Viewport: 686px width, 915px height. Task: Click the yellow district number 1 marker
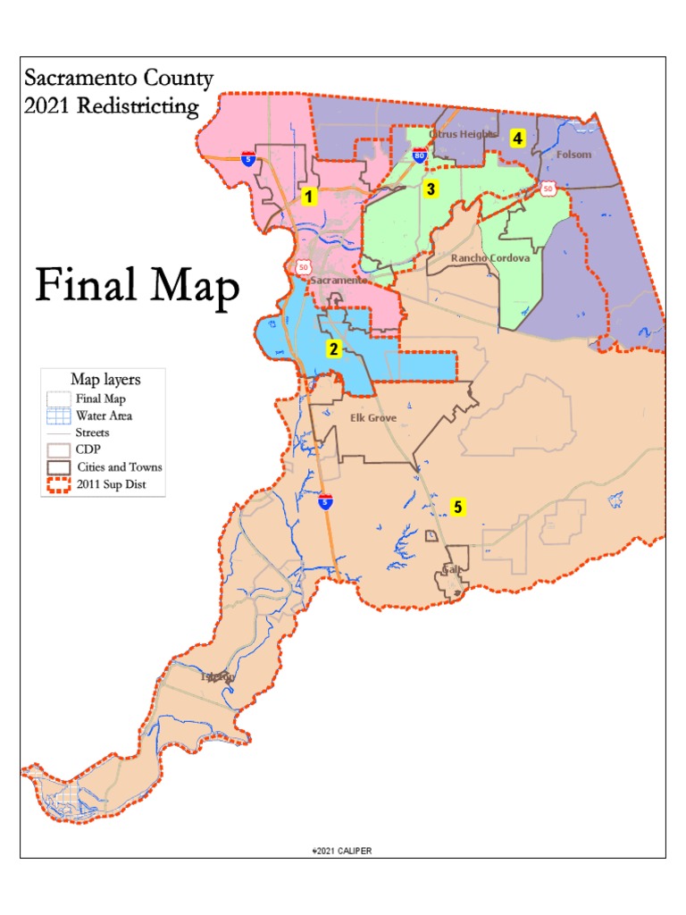tap(309, 197)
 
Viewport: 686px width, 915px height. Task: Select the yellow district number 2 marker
tap(333, 349)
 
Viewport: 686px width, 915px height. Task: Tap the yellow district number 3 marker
tap(431, 189)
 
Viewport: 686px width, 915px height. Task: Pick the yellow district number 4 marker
tap(517, 139)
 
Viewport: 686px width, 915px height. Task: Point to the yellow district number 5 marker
tap(457, 508)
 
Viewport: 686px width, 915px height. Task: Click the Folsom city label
tap(573, 155)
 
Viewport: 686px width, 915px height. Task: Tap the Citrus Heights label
tap(463, 135)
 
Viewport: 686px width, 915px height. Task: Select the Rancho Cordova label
tap(489, 258)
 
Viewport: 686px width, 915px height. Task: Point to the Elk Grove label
tap(373, 417)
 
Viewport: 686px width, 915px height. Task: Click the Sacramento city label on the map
tap(339, 280)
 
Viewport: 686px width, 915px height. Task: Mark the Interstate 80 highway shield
tap(420, 156)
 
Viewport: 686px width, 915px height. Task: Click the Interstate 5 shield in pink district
tap(249, 159)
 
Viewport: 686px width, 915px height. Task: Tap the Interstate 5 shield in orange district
tap(327, 502)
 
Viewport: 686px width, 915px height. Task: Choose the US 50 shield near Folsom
tap(547, 187)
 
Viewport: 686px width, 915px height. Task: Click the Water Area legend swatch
tap(59, 416)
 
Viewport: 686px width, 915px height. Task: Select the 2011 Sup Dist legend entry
tap(106, 484)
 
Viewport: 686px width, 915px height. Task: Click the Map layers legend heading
tap(105, 380)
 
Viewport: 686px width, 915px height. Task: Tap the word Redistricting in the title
tap(138, 106)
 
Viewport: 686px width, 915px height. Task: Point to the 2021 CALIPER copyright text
tap(342, 851)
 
